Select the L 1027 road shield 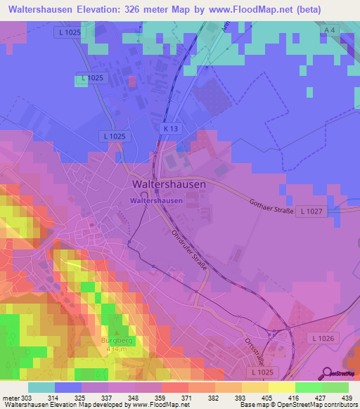(311, 211)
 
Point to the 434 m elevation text (117, 349)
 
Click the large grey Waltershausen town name (169, 184)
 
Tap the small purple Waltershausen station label (155, 200)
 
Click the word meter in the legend (10, 397)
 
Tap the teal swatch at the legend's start (41, 387)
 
